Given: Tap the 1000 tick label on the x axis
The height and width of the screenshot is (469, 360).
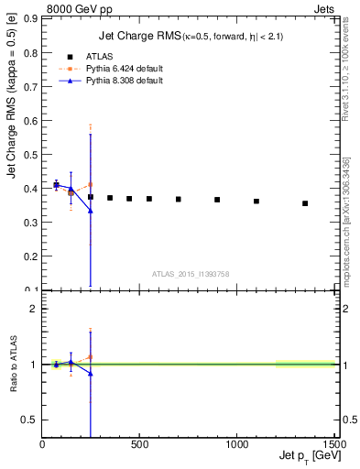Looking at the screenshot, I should point(236,445).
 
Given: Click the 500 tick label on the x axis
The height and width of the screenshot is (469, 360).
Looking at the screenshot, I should point(139,445).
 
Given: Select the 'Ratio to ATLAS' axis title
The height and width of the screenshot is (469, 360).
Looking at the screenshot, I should point(13,365).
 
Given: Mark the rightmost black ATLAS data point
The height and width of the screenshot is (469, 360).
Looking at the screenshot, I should point(305,203).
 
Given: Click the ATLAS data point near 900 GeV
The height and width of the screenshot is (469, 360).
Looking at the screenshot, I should point(217,200).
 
